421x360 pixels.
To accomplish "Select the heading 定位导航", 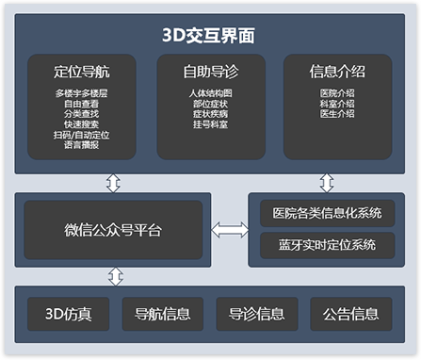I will click(82, 72).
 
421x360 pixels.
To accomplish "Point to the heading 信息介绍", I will click(336, 72).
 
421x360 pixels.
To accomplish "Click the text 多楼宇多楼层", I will click(82, 93).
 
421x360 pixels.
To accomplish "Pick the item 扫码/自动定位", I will click(82, 135).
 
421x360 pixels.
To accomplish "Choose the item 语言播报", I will click(82, 145).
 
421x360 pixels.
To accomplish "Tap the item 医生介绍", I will click(336, 114).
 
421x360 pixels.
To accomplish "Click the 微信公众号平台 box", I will click(113, 230).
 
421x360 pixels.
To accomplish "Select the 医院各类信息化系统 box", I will click(327, 214).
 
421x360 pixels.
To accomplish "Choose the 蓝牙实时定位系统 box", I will click(327, 245).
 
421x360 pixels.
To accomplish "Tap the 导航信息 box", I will click(162, 313).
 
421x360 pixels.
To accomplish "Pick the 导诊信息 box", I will click(257, 313).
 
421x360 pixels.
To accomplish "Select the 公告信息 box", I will click(351, 313).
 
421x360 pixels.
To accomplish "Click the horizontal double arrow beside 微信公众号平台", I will click(229, 230).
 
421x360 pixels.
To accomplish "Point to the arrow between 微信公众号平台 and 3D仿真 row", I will click(114, 276).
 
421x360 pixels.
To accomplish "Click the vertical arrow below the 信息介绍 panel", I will click(327, 182).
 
